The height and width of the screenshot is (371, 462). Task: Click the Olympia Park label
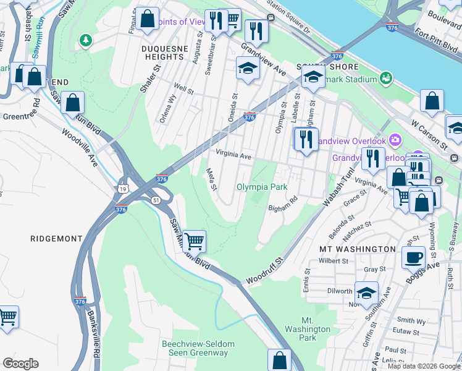tap(262, 187)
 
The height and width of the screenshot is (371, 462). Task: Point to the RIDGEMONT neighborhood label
tap(56, 238)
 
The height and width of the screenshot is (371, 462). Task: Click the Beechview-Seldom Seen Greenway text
tap(195, 348)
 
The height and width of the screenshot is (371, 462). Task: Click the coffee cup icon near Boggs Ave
tap(413, 257)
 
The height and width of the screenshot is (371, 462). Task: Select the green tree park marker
tap(86, 40)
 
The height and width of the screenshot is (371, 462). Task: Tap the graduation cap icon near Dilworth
tap(367, 294)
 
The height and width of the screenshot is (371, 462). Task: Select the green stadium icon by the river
tap(386, 79)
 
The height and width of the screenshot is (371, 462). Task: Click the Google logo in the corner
tap(20, 363)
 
